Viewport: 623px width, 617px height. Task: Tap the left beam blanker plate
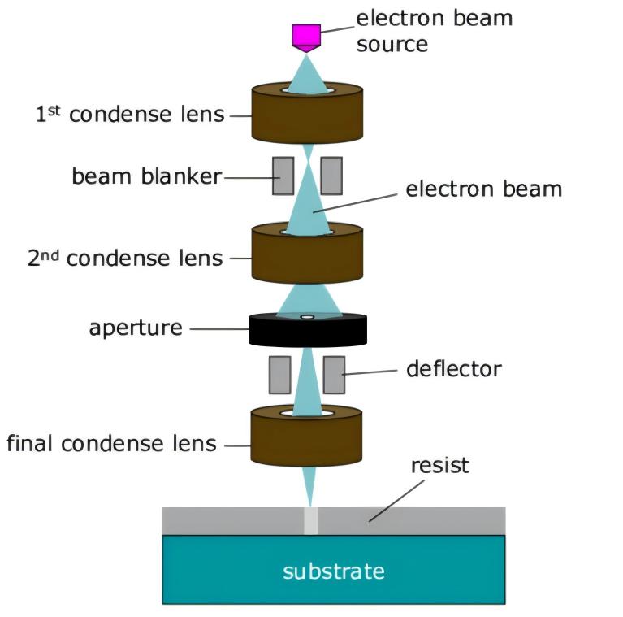[x=283, y=176]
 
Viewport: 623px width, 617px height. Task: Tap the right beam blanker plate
[x=331, y=176]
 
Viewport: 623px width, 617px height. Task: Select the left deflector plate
[x=279, y=375]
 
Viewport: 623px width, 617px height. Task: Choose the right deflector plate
[x=333, y=375]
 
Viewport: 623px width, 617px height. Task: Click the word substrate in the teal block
[x=333, y=571]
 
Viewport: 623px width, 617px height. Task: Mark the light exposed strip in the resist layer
[x=310, y=521]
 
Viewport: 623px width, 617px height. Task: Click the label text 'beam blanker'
[x=146, y=176]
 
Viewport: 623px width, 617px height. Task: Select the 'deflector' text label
[x=453, y=369]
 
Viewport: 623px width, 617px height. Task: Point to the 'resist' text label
[x=439, y=466]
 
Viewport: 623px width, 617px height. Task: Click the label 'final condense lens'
[x=111, y=444]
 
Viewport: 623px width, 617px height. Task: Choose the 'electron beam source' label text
[x=434, y=30]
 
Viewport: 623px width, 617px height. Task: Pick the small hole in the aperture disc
[x=307, y=317]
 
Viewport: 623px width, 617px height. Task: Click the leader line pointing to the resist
[x=397, y=499]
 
